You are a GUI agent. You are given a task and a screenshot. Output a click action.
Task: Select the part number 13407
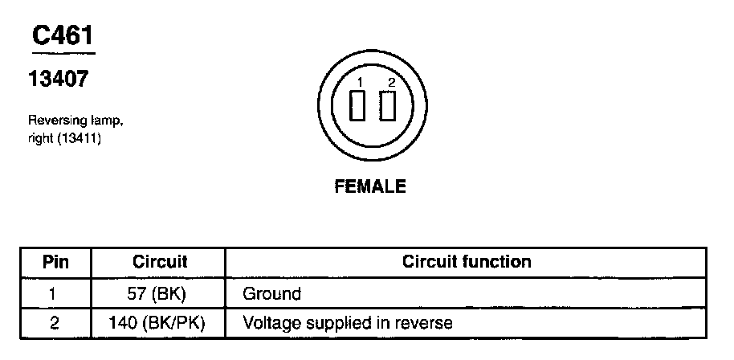click(58, 80)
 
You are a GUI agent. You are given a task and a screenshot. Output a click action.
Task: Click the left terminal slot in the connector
click(359, 105)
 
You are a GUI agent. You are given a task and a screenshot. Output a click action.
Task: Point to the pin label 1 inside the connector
click(361, 83)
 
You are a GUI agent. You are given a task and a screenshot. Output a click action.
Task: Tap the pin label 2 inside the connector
click(391, 83)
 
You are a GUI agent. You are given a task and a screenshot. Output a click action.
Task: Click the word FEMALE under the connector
click(370, 186)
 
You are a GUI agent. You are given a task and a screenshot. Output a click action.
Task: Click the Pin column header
click(55, 262)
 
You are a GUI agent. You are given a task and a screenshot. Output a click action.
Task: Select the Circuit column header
click(160, 262)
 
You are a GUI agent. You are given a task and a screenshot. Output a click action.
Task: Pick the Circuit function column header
click(467, 262)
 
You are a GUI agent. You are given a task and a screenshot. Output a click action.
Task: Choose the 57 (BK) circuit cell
click(157, 293)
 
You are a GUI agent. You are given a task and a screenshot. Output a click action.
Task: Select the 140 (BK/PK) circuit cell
click(157, 323)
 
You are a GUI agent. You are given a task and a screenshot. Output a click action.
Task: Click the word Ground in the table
click(271, 293)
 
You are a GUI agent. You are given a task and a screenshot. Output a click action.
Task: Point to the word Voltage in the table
click(270, 323)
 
